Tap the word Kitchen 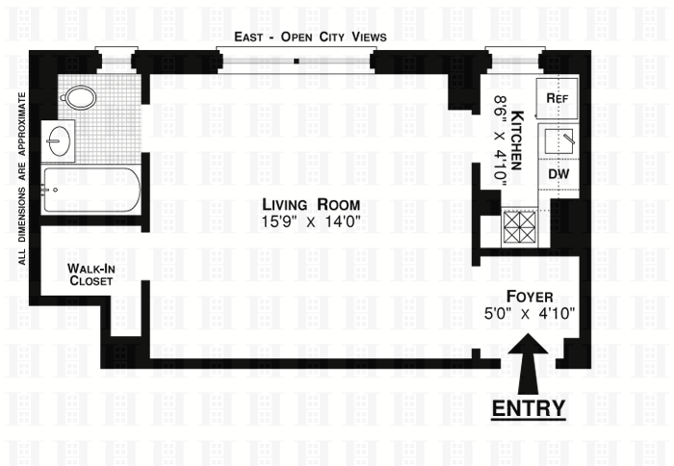click(515, 139)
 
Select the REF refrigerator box click(557, 98)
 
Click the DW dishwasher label click(557, 174)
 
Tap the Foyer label click(528, 296)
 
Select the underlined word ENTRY click(528, 408)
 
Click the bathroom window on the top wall click(117, 59)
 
